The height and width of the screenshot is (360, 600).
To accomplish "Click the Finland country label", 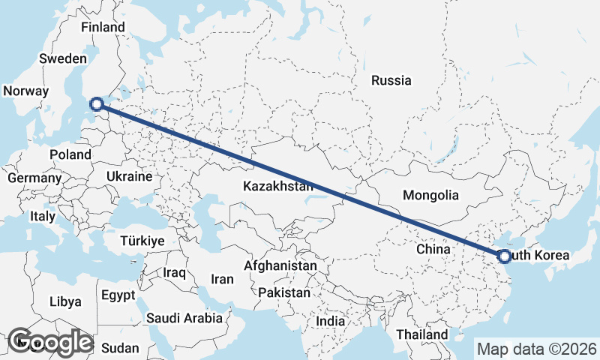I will (103, 27).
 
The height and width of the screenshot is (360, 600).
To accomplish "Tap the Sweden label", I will (64, 58).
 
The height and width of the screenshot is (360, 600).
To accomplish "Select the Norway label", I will (25, 91).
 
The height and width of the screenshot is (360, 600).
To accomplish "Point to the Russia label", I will (391, 80).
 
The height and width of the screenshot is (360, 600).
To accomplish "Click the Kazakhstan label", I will (277, 185).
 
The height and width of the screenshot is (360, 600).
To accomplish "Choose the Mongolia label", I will (430, 196).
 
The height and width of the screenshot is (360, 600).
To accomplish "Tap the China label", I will (433, 248).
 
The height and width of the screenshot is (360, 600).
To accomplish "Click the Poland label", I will (70, 154).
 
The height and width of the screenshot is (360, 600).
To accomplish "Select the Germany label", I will (34, 178).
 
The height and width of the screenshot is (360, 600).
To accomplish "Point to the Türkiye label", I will (142, 241).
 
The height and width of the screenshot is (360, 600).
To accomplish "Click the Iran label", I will (222, 279).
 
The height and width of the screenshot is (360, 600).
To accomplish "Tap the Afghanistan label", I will (280, 265).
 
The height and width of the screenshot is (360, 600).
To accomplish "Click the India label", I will (330, 321).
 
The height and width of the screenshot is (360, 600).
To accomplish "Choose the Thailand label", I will (422, 334).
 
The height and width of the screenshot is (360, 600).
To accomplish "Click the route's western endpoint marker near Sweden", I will (97, 104).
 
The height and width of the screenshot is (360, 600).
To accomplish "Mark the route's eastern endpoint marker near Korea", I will (504, 256).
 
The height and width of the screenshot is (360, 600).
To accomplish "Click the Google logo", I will (50, 342).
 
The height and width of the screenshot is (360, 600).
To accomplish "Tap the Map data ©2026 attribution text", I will (537, 349).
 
